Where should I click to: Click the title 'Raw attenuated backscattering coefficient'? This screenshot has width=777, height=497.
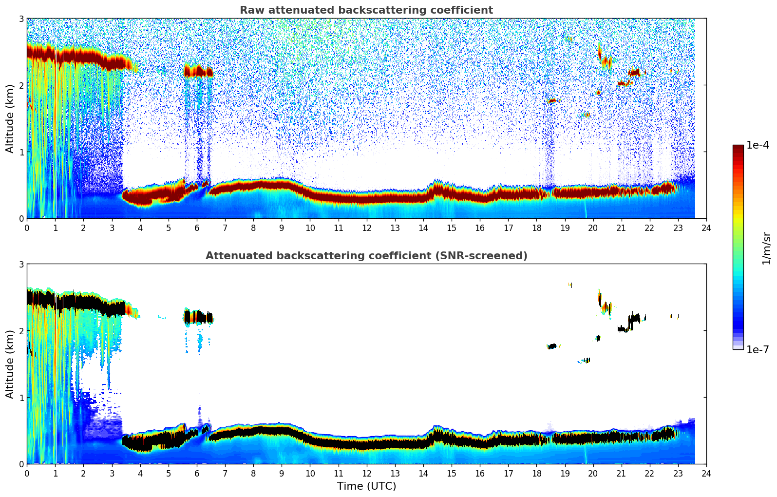(x=366, y=10)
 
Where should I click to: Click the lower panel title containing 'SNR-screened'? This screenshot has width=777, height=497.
(x=366, y=256)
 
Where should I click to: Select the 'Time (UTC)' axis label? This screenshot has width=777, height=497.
(x=366, y=486)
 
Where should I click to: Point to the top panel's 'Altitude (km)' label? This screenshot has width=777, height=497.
(x=10, y=118)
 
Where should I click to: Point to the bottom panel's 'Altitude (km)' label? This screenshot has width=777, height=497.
(x=10, y=364)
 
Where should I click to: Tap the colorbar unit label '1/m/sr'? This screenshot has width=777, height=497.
(x=766, y=248)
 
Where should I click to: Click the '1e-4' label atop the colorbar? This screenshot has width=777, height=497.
(x=758, y=145)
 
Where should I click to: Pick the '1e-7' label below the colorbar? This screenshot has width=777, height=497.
(x=758, y=349)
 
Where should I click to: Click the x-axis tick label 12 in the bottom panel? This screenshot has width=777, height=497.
(x=366, y=474)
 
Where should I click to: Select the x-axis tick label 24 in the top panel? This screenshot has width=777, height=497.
(x=706, y=228)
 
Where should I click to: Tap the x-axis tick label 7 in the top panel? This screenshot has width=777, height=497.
(x=225, y=228)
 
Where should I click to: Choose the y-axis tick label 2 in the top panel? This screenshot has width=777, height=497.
(x=21, y=85)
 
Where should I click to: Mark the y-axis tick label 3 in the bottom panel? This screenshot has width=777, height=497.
(x=21, y=264)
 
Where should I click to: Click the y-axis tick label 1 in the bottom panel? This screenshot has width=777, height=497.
(x=21, y=398)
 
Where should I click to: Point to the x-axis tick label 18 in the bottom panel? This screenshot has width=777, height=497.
(x=536, y=474)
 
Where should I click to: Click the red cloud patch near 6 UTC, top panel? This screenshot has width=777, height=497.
(x=198, y=72)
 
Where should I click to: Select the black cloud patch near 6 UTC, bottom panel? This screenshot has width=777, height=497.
(x=198, y=317)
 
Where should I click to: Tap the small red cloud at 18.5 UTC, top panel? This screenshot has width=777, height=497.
(x=551, y=101)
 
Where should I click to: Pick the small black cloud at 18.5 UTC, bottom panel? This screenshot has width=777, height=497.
(x=551, y=346)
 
